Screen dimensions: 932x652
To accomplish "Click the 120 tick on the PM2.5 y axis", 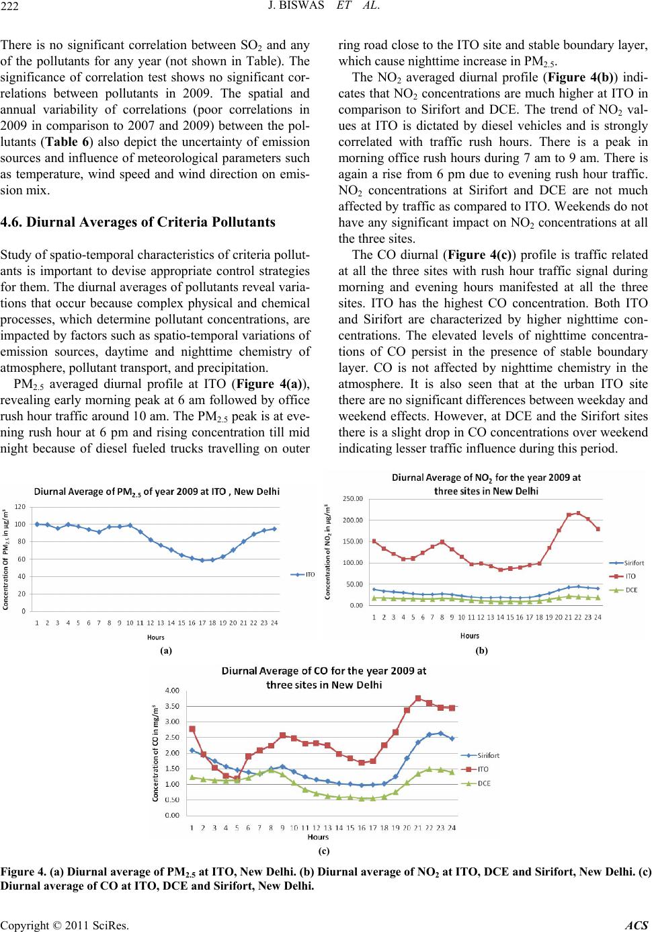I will [x=21, y=506].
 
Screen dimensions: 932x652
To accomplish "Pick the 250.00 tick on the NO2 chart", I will [x=354, y=498].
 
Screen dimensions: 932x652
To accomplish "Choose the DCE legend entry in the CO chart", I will [x=485, y=783].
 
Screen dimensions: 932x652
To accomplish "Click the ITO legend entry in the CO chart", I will [x=485, y=769].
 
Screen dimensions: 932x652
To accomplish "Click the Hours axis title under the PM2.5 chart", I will [x=155, y=637].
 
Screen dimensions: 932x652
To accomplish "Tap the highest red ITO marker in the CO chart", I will [x=418, y=699].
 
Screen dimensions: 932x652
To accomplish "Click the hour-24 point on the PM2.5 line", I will [x=274, y=529].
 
